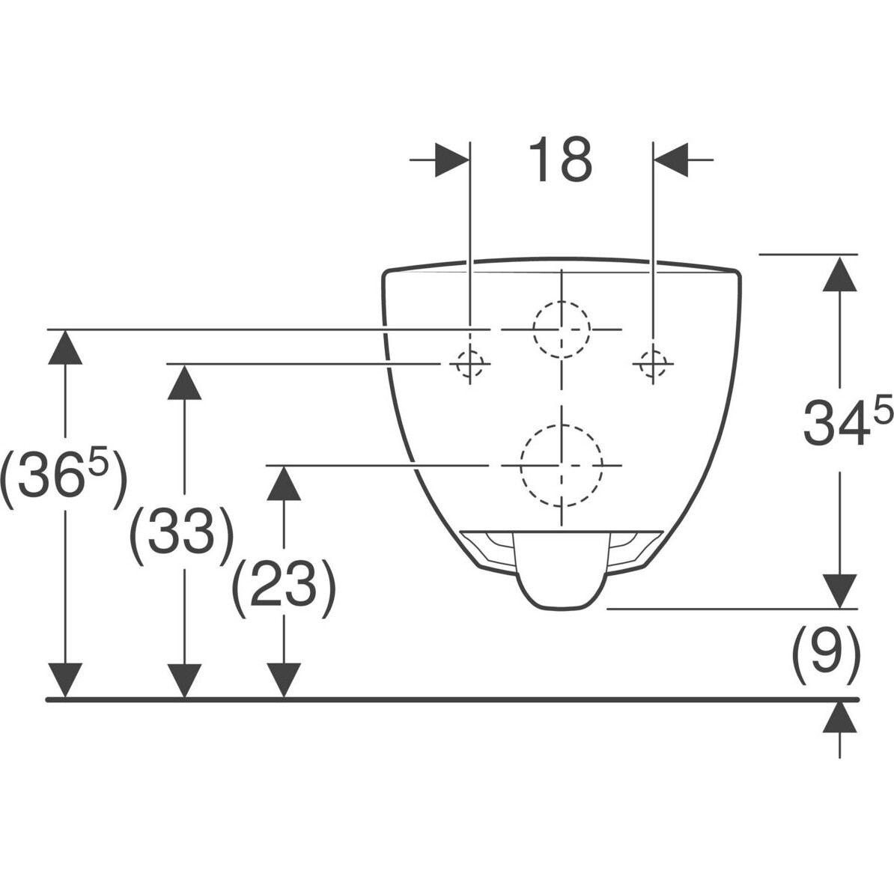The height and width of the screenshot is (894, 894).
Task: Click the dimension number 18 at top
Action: coord(561,159)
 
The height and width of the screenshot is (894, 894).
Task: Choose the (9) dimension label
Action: coord(824,651)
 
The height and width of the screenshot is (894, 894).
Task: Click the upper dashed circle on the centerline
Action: coord(561,329)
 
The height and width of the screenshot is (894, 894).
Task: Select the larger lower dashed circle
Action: coord(561,465)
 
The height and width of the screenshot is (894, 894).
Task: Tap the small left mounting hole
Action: coord(469,363)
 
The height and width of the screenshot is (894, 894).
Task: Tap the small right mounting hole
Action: coord(653,363)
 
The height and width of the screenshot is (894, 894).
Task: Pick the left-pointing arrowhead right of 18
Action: coord(672,159)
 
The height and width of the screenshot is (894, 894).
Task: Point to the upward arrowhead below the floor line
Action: coord(840,717)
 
